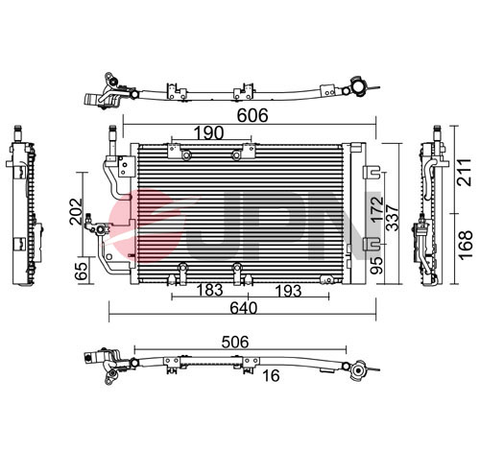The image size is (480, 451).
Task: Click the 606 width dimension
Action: (x=252, y=116)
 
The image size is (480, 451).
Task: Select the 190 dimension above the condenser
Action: (x=209, y=132)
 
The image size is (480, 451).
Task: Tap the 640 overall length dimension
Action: (x=243, y=308)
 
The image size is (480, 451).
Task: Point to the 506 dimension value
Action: (x=235, y=343)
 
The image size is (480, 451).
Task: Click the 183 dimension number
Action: (x=209, y=290)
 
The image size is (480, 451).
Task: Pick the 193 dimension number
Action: (x=288, y=291)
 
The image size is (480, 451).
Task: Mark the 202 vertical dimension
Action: (x=76, y=211)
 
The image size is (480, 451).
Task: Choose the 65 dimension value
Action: (x=82, y=272)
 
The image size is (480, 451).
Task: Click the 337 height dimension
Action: (x=393, y=218)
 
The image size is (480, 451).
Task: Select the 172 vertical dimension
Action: (x=377, y=209)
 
